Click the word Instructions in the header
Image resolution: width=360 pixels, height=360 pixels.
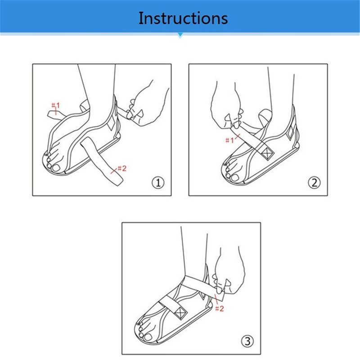(183, 18)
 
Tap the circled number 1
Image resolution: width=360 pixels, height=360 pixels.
(158, 183)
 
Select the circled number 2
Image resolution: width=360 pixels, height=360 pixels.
(314, 183)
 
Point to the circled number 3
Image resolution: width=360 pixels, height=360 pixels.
(247, 341)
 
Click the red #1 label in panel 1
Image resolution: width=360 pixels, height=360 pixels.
(55, 106)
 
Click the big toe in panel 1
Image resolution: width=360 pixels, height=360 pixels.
(56, 168)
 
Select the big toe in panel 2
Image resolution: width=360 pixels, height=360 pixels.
(234, 177)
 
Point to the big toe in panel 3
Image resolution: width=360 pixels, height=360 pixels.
(147, 337)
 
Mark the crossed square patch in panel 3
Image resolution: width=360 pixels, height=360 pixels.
(180, 313)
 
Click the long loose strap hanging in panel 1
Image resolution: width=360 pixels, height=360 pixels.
(102, 161)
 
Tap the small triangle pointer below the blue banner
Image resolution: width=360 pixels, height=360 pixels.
(180, 36)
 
